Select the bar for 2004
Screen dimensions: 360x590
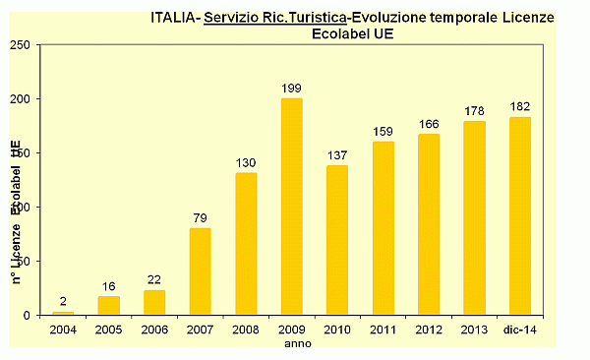[63, 313]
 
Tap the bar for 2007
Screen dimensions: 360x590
[200, 271]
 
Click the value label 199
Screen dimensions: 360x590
[292, 89]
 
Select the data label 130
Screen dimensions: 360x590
[246, 162]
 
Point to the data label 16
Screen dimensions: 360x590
[108, 286]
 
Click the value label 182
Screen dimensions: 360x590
[520, 106]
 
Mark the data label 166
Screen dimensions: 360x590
[429, 124]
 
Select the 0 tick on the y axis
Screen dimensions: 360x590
[28, 315]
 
